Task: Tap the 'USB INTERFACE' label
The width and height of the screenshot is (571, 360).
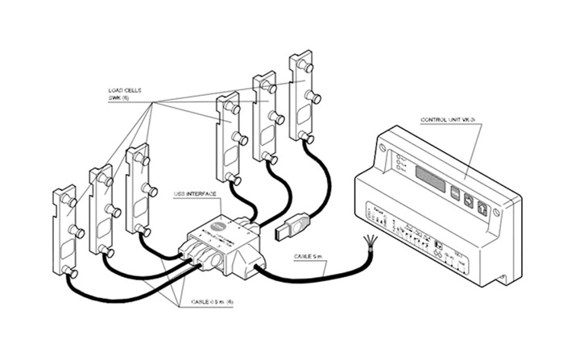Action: [194, 195]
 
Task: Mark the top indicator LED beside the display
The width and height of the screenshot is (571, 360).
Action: [399, 155]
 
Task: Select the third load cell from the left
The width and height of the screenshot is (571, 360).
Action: [138, 191]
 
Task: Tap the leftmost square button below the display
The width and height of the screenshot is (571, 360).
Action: [454, 193]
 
